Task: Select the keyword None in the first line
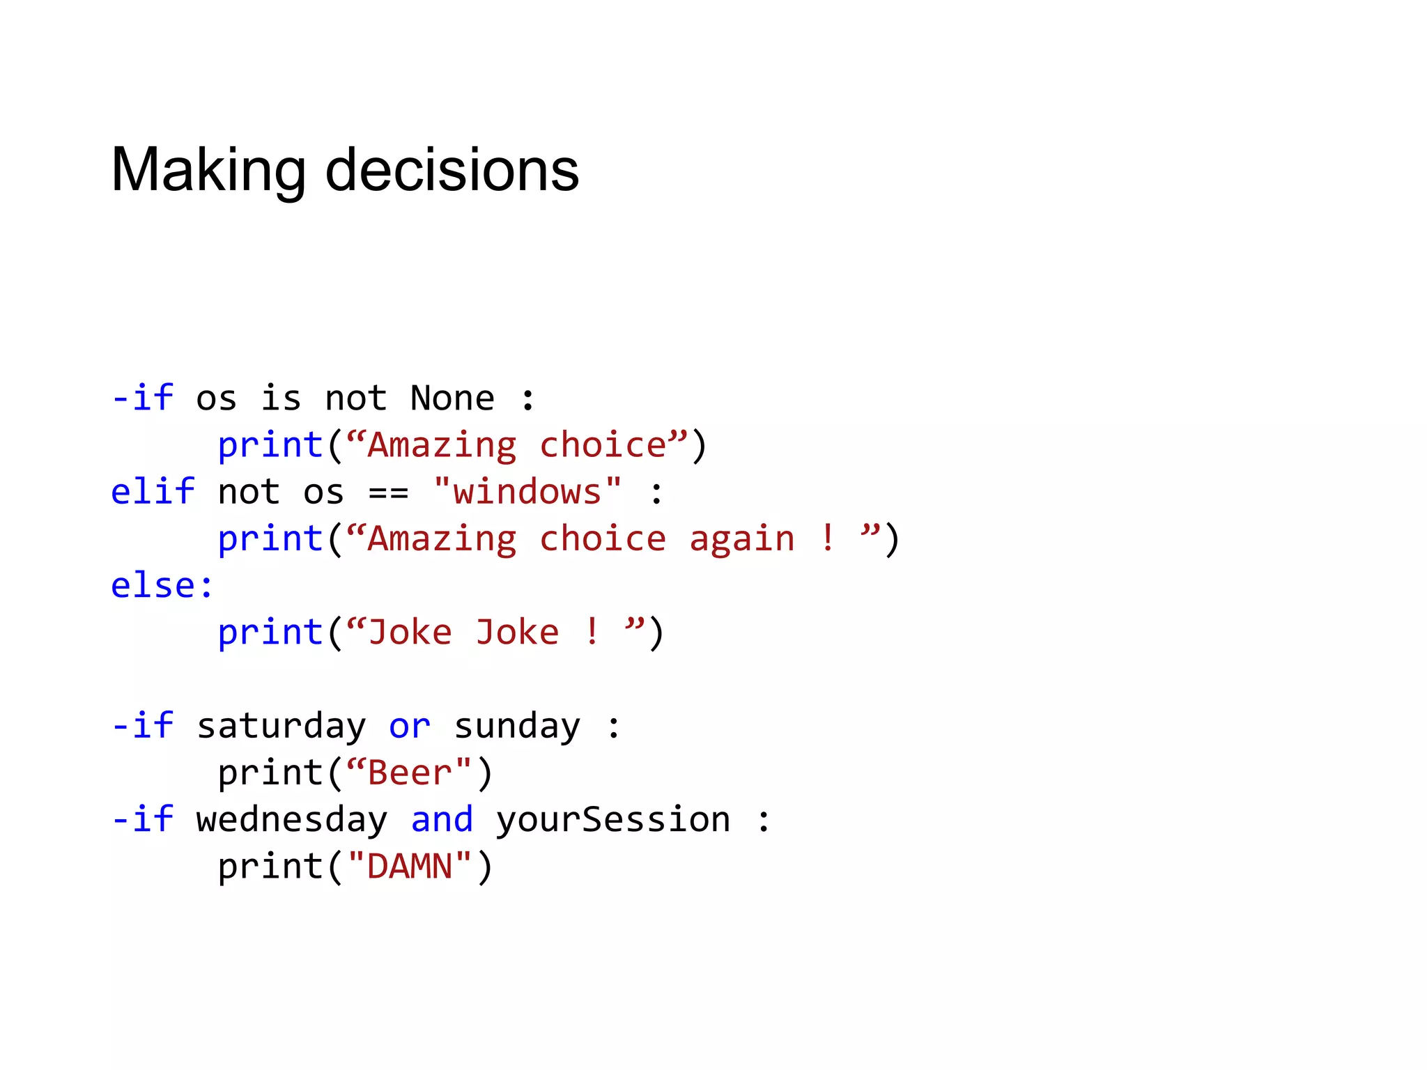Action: pos(452,398)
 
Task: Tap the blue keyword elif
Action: pos(153,492)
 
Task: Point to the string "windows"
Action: pos(527,492)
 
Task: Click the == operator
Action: pos(388,493)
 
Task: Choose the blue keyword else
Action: pos(153,586)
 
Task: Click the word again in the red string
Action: pos(741,539)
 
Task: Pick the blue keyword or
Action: pos(410,727)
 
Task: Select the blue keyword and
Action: pos(442,820)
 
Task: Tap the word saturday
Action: pos(281,727)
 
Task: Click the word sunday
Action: pos(516,727)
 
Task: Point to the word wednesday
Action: pos(291,820)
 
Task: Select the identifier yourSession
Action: pos(613,820)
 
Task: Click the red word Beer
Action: pos(410,773)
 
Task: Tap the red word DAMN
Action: pos(410,867)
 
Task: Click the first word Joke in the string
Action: pos(410,633)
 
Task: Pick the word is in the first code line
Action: pos(281,398)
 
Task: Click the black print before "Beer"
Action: pos(270,773)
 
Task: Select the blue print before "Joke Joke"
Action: pos(270,633)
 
